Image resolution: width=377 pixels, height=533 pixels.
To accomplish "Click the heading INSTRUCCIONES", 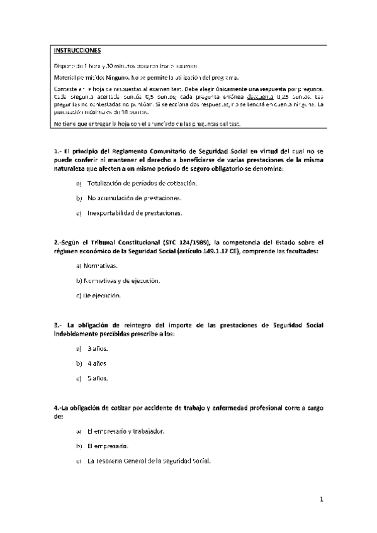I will click(x=72, y=50).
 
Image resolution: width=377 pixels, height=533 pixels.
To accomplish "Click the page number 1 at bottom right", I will click(x=321, y=500).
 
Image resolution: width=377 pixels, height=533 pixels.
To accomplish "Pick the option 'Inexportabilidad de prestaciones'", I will click(x=135, y=213).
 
